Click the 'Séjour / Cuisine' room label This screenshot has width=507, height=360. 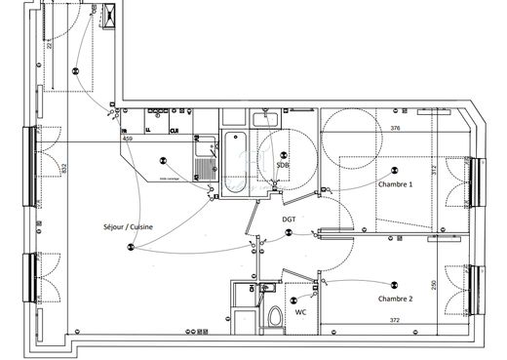127,228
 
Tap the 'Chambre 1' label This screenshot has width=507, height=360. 395,183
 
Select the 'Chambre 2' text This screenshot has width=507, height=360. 395,299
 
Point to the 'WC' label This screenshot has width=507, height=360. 302,313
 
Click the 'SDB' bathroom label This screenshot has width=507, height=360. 283,166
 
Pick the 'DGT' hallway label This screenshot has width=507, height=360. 289,220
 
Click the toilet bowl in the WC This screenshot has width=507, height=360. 276,316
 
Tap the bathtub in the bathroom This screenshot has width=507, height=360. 235,164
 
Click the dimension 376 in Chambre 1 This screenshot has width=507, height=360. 395,129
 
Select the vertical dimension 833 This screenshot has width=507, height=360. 63,168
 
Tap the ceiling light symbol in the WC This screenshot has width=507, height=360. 293,300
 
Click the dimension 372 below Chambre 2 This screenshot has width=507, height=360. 395,320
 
